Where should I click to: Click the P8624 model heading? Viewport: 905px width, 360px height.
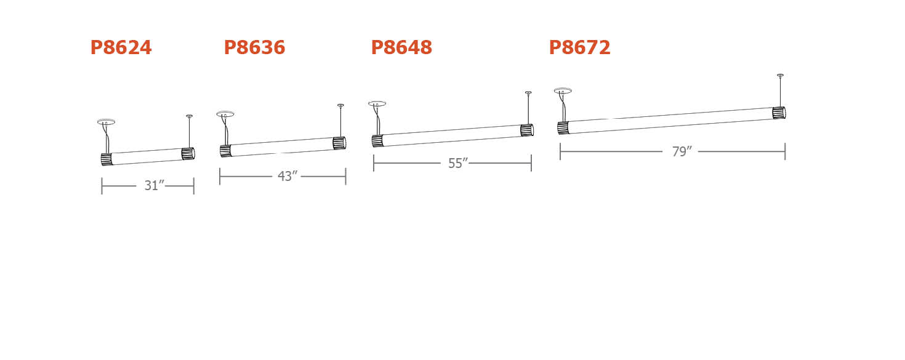pyautogui.click(x=121, y=47)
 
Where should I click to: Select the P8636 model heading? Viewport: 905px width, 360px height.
pyautogui.click(x=254, y=47)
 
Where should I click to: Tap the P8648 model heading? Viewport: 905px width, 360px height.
pyautogui.click(x=401, y=47)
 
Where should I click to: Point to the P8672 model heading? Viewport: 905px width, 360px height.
pyautogui.click(x=580, y=47)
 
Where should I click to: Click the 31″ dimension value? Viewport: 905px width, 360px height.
pyautogui.click(x=155, y=185)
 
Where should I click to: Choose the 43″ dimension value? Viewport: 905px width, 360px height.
pyautogui.click(x=288, y=176)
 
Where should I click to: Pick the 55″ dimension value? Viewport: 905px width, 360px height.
pyautogui.click(x=458, y=163)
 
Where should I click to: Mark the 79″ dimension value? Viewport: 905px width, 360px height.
pyautogui.click(x=682, y=151)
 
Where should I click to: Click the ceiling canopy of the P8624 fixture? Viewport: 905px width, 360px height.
pyautogui.click(x=107, y=122)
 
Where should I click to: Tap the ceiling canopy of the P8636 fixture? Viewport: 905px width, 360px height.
pyautogui.click(x=225, y=114)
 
